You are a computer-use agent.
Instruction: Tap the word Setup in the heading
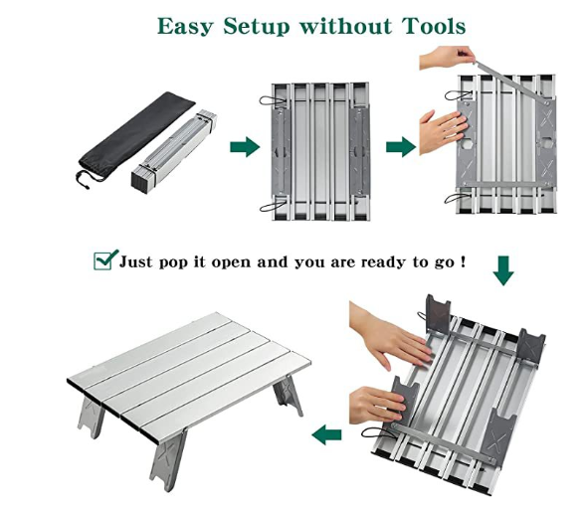[x=260, y=25]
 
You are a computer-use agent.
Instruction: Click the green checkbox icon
[x=104, y=260]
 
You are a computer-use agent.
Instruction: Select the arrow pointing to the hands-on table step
[x=400, y=148]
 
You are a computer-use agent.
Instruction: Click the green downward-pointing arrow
[x=503, y=269]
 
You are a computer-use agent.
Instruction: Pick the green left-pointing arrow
[x=326, y=434]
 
